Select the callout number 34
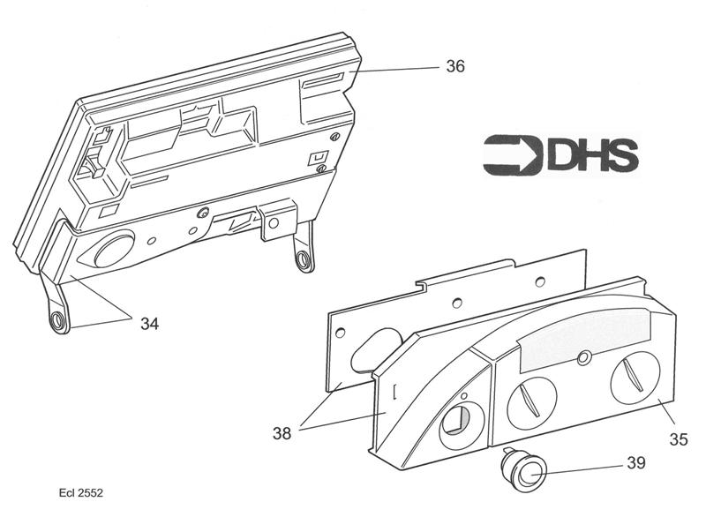click(150, 323)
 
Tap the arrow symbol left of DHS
click(512, 154)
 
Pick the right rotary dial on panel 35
click(635, 378)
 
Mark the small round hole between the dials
click(582, 356)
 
